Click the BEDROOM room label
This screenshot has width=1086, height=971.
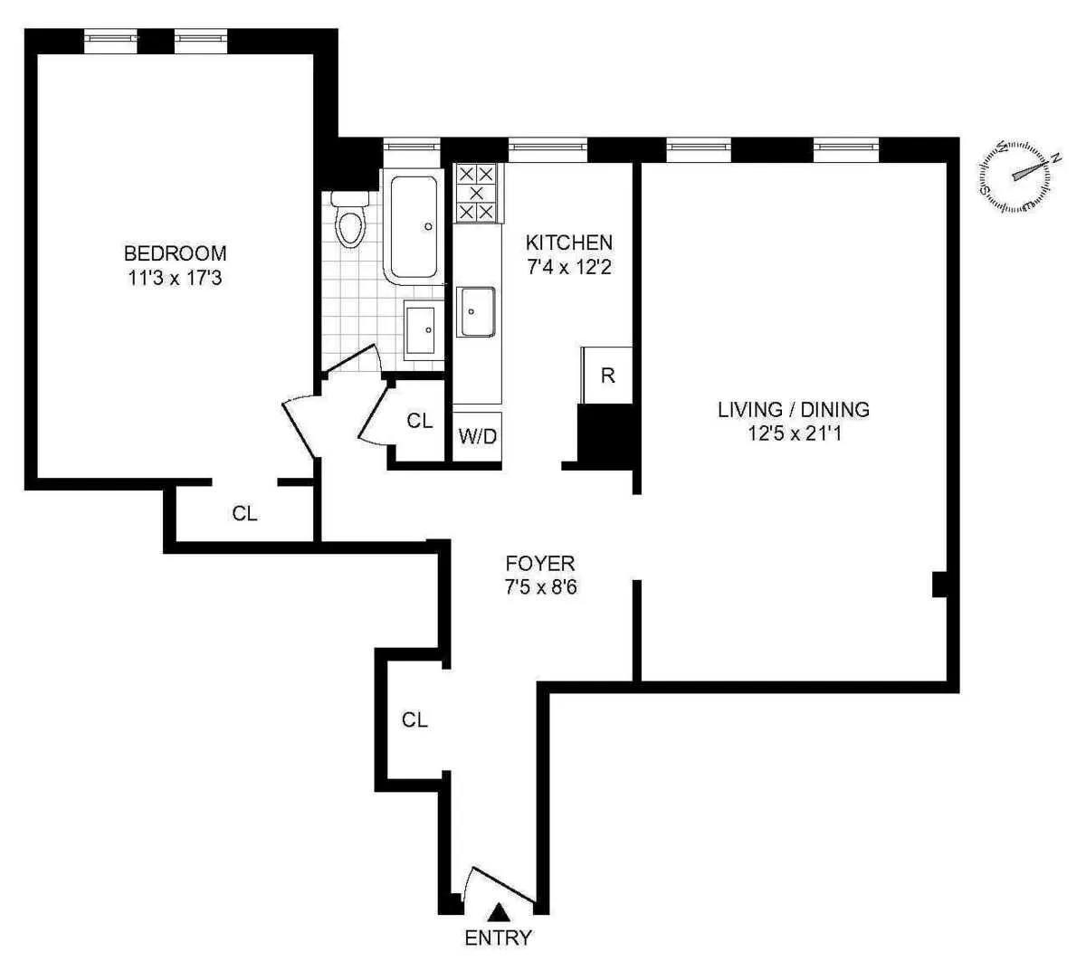[x=175, y=253]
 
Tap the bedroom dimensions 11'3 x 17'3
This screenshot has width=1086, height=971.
[x=175, y=278]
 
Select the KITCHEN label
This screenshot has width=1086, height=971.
[x=569, y=243]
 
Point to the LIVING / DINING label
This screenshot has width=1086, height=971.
[x=793, y=409]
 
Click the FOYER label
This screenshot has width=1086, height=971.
[x=540, y=564]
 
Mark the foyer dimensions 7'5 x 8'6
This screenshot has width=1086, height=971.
[x=540, y=587]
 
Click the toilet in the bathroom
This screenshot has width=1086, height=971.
[x=348, y=221]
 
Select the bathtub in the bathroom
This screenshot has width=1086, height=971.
[x=414, y=226]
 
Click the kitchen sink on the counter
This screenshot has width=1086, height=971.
[x=476, y=311]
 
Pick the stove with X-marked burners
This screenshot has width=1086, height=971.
[x=476, y=193]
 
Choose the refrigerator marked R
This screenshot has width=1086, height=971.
[x=607, y=375]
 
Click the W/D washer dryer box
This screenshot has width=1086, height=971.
[x=477, y=437]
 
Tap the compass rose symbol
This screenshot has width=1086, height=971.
[x=1015, y=176]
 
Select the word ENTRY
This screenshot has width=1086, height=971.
[x=498, y=938]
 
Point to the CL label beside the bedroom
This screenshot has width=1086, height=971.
[x=244, y=513]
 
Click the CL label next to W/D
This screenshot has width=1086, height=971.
[x=419, y=421]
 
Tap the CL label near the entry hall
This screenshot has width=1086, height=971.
[x=414, y=719]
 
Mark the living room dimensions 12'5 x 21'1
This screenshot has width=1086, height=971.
[x=793, y=433]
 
